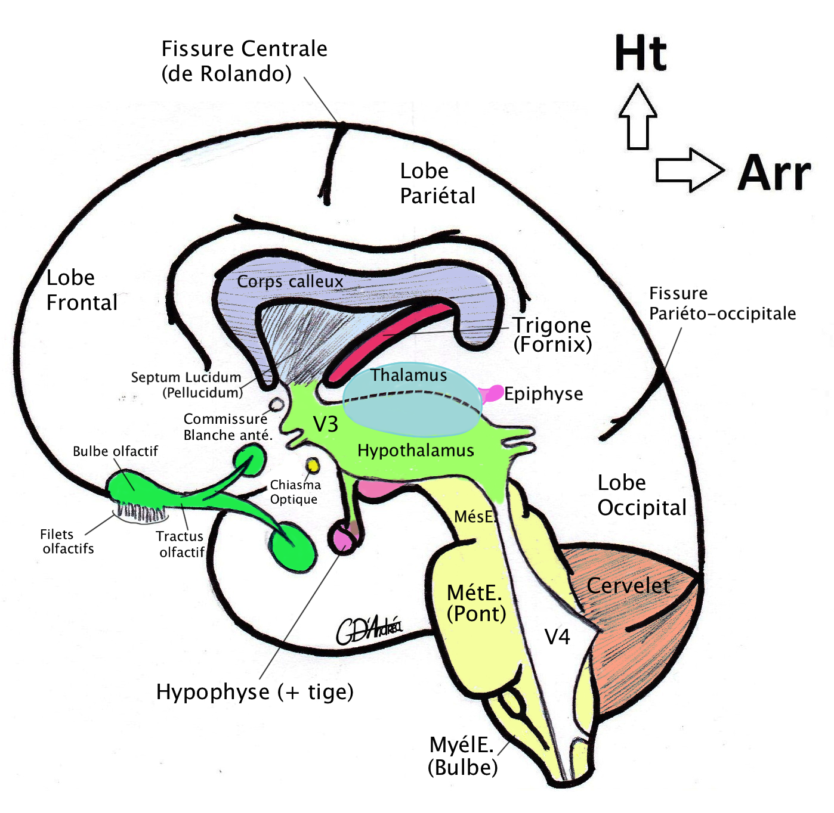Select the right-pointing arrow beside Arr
[x=689, y=170]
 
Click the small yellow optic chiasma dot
[x=313, y=464]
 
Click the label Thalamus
[x=409, y=376]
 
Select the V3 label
[x=326, y=424]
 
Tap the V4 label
[x=557, y=637]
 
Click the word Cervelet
[x=628, y=586]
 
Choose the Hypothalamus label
[x=416, y=451]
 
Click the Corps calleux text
[x=290, y=281]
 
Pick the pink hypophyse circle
[x=344, y=538]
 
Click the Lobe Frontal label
[x=82, y=290]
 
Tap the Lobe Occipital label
[x=642, y=495]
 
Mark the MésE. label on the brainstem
[x=475, y=516]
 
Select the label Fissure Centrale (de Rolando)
[x=244, y=61]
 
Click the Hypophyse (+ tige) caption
[x=255, y=692]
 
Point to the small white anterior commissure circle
[x=276, y=405]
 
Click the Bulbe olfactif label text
[x=115, y=451]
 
